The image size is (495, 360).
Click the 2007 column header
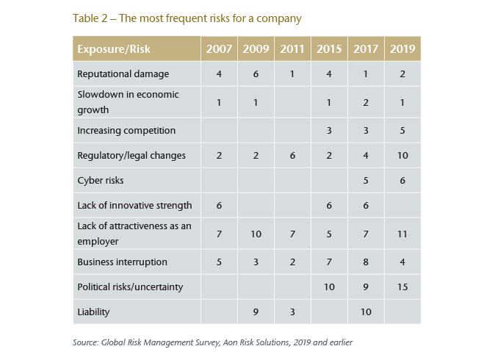coord(219,49)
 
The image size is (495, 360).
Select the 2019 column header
coord(402,49)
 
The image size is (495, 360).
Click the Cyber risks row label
coord(100,179)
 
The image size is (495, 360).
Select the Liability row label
coord(93,312)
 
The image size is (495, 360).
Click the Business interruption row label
coord(122,262)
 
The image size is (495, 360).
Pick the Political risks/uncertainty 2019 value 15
coord(402,286)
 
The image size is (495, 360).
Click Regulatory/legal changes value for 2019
coord(402,156)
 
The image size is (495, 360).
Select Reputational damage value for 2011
coord(292,73)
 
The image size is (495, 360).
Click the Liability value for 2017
coord(366,312)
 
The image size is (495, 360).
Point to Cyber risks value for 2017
coord(366,179)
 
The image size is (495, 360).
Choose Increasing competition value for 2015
coord(329,130)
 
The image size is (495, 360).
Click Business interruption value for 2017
coord(366,262)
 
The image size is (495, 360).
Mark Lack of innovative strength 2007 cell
coord(219,205)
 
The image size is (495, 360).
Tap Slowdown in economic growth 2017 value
coord(366,102)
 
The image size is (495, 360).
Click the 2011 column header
coord(292,49)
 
